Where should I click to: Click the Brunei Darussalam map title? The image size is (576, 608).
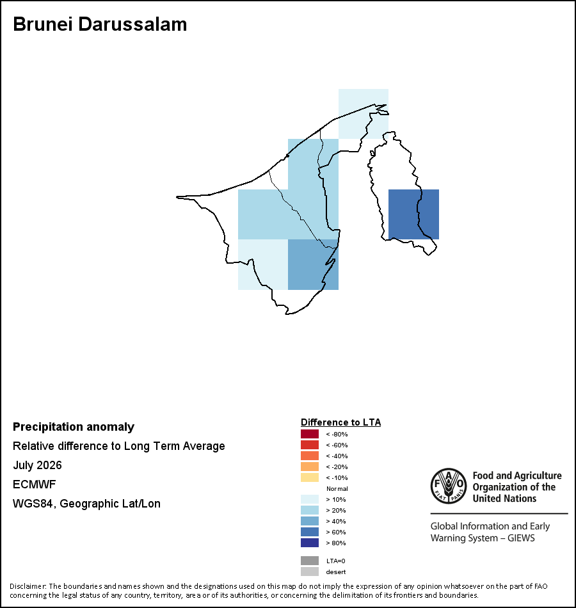click(100, 24)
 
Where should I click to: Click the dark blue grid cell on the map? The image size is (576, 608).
click(413, 214)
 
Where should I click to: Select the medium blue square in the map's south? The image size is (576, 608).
click(313, 264)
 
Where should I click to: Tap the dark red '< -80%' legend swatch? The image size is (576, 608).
click(310, 434)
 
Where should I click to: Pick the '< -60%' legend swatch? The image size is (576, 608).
click(310, 445)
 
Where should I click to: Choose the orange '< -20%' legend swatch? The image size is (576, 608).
click(310, 467)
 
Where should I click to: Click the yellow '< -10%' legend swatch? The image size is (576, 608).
click(310, 477)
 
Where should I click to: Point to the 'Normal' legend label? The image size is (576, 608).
click(337, 488)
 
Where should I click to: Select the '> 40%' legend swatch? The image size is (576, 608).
click(310, 521)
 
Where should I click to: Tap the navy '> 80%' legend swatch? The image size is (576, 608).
click(310, 543)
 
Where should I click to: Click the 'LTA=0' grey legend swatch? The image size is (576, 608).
click(310, 561)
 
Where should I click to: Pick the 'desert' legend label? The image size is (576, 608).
click(336, 572)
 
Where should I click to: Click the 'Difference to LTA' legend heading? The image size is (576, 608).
click(340, 422)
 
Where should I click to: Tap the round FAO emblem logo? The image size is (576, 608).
click(449, 486)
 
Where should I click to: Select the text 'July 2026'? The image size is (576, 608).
click(37, 465)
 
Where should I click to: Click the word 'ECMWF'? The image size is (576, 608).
click(35, 484)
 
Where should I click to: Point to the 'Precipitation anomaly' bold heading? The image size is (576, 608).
click(74, 427)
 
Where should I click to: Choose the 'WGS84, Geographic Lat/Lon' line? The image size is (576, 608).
click(86, 504)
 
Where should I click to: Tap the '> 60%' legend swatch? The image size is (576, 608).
click(310, 532)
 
